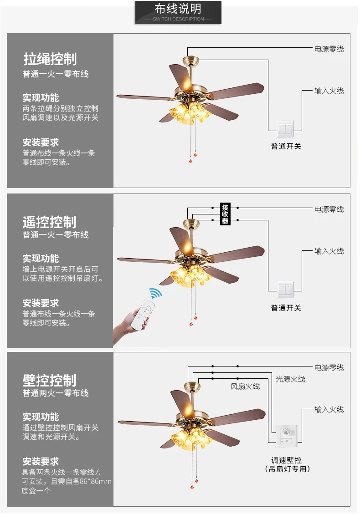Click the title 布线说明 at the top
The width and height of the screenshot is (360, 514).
pyautogui.click(x=178, y=9)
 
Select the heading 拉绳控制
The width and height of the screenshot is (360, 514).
pyautogui.click(x=50, y=59)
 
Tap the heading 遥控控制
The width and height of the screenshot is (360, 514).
pyautogui.click(x=50, y=222)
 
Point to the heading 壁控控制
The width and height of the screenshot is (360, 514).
pyautogui.click(x=50, y=380)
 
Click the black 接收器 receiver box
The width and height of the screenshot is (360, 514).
pyautogui.click(x=225, y=214)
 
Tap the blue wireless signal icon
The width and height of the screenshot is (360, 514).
pyautogui.click(x=155, y=293)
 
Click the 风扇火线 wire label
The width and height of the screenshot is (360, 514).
pyautogui.click(x=245, y=387)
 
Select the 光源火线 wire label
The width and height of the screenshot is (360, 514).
pyautogui.click(x=290, y=379)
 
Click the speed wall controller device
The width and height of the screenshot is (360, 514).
pyautogui.click(x=287, y=436)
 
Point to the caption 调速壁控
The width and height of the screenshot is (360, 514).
pyautogui.click(x=287, y=460)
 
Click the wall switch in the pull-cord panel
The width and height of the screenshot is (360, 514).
pyautogui.click(x=286, y=129)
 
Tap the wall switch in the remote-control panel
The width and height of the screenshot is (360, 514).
pyautogui.click(x=286, y=290)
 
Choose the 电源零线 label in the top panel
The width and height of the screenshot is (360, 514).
pyautogui.click(x=329, y=49)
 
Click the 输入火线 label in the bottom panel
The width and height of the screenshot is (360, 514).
pyautogui.click(x=329, y=409)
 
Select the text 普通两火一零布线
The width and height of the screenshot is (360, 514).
pyautogui.click(x=56, y=393)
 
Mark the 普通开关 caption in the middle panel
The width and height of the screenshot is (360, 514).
pyautogui.click(x=286, y=308)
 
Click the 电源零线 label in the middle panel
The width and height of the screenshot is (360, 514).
pyautogui.click(x=329, y=209)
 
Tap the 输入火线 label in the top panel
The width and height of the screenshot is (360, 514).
pyautogui.click(x=329, y=91)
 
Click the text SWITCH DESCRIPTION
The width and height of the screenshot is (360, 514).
pyautogui.click(x=178, y=19)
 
